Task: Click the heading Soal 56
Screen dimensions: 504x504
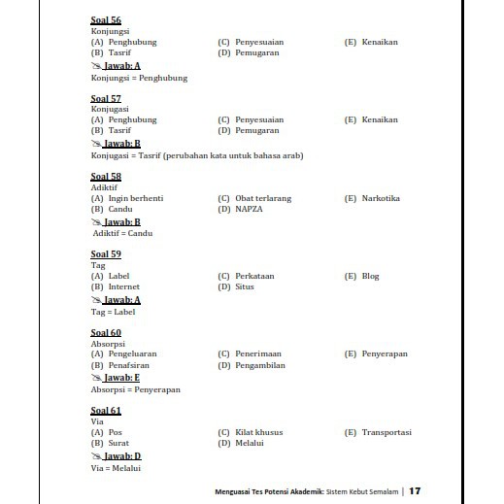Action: point(106,20)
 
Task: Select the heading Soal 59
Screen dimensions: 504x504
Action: point(106,254)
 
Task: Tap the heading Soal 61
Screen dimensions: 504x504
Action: point(106,411)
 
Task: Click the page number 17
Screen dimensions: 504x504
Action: point(416,490)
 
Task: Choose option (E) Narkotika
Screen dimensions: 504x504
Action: point(372,198)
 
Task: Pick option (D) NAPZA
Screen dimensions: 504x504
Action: point(241,209)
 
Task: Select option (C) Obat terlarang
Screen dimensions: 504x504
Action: point(254,198)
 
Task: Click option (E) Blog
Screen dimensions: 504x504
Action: point(362,276)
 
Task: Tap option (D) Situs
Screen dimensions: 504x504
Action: point(238,286)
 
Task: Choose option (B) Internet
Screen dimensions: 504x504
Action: point(116,286)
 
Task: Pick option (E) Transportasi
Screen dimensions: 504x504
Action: point(378,432)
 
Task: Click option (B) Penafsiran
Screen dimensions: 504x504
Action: point(120,365)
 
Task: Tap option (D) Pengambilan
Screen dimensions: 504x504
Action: point(252,365)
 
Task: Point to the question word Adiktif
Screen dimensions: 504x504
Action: point(104,187)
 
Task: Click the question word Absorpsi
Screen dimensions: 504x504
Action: point(107,344)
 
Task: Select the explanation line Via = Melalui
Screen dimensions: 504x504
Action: point(117,469)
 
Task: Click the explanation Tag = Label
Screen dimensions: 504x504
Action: point(114,313)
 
